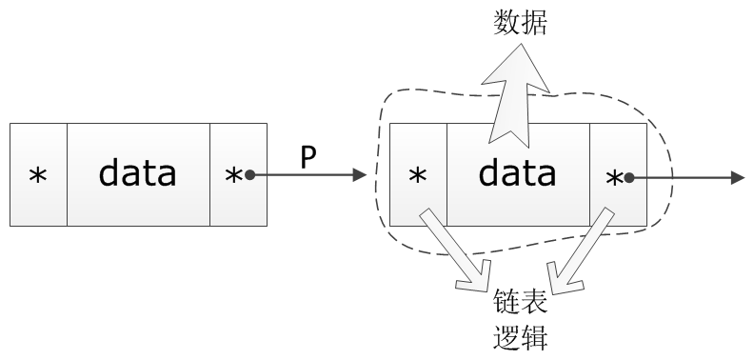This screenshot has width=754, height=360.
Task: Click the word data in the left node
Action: [x=138, y=174]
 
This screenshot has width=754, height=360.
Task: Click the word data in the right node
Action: [x=517, y=174]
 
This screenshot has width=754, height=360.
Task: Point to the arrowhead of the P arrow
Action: [x=359, y=175]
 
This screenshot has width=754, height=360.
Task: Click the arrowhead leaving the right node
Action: [x=738, y=175]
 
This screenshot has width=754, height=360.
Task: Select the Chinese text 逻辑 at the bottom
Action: [x=520, y=338]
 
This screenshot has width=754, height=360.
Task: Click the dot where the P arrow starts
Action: [x=248, y=175]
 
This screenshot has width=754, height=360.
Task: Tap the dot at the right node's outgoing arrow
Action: [x=628, y=175]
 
